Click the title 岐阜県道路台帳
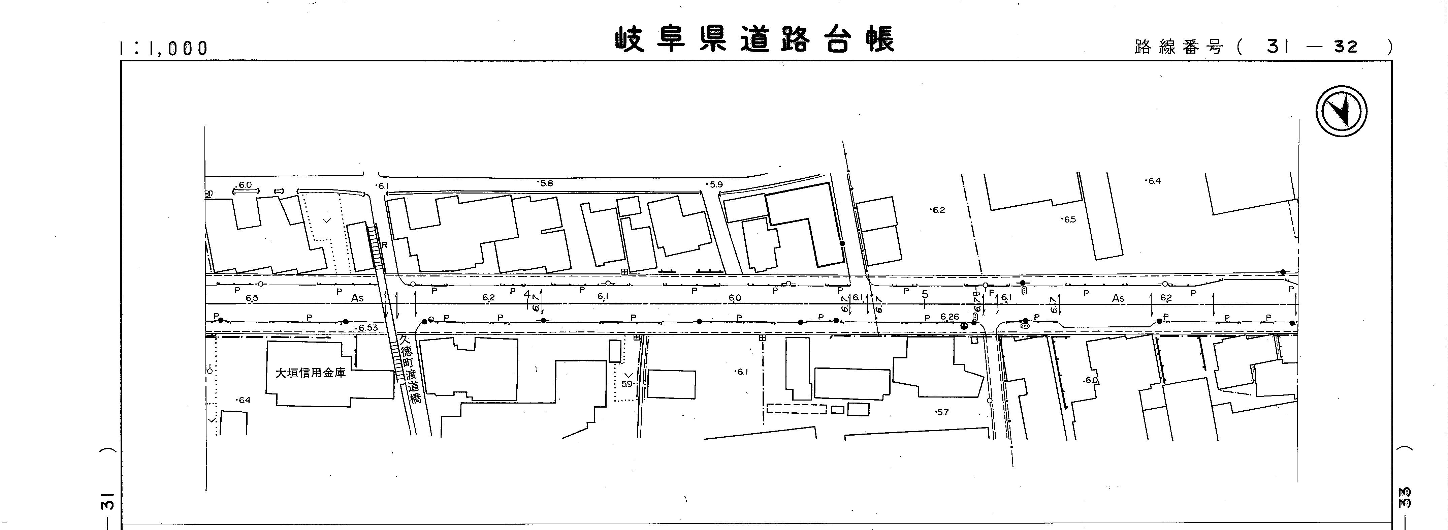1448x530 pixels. pyautogui.click(x=753, y=39)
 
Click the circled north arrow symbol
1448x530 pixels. pyautogui.click(x=1341, y=111)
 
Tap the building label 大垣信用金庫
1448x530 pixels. pyautogui.click(x=310, y=373)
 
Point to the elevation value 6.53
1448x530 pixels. pyautogui.click(x=367, y=327)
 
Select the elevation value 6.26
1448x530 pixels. pyautogui.click(x=950, y=317)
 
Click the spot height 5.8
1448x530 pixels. pyautogui.click(x=545, y=183)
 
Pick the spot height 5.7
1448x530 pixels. pyautogui.click(x=942, y=412)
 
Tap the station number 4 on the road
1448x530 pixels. pyautogui.click(x=527, y=294)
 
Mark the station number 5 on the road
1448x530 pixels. pyautogui.click(x=925, y=295)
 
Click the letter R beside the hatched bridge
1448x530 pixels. pyautogui.click(x=385, y=245)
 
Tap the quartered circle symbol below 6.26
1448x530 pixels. pyautogui.click(x=965, y=325)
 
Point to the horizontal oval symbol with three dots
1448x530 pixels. pyautogui.click(x=1025, y=326)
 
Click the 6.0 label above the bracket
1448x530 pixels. pyautogui.click(x=245, y=184)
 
